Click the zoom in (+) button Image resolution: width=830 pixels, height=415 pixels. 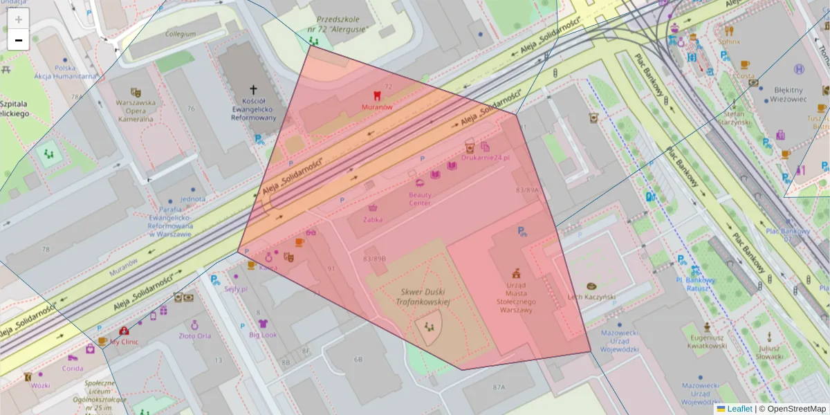tap(19, 19)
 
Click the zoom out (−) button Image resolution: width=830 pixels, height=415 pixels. tap(19, 40)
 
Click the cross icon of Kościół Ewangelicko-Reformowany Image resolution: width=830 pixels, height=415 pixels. tap(253, 89)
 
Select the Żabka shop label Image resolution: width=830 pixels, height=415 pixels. tap(373, 219)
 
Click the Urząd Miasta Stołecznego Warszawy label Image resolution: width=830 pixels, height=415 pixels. tap(515, 297)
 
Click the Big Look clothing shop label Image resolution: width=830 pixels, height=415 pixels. tap(263, 335)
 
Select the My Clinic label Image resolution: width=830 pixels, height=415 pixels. tap(124, 342)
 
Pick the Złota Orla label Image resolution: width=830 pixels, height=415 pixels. tap(194, 336)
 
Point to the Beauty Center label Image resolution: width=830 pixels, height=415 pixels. tap(420, 199)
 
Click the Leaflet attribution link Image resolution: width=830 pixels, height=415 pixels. tap(739, 409)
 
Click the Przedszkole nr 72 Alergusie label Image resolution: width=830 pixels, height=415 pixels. tap(340, 25)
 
